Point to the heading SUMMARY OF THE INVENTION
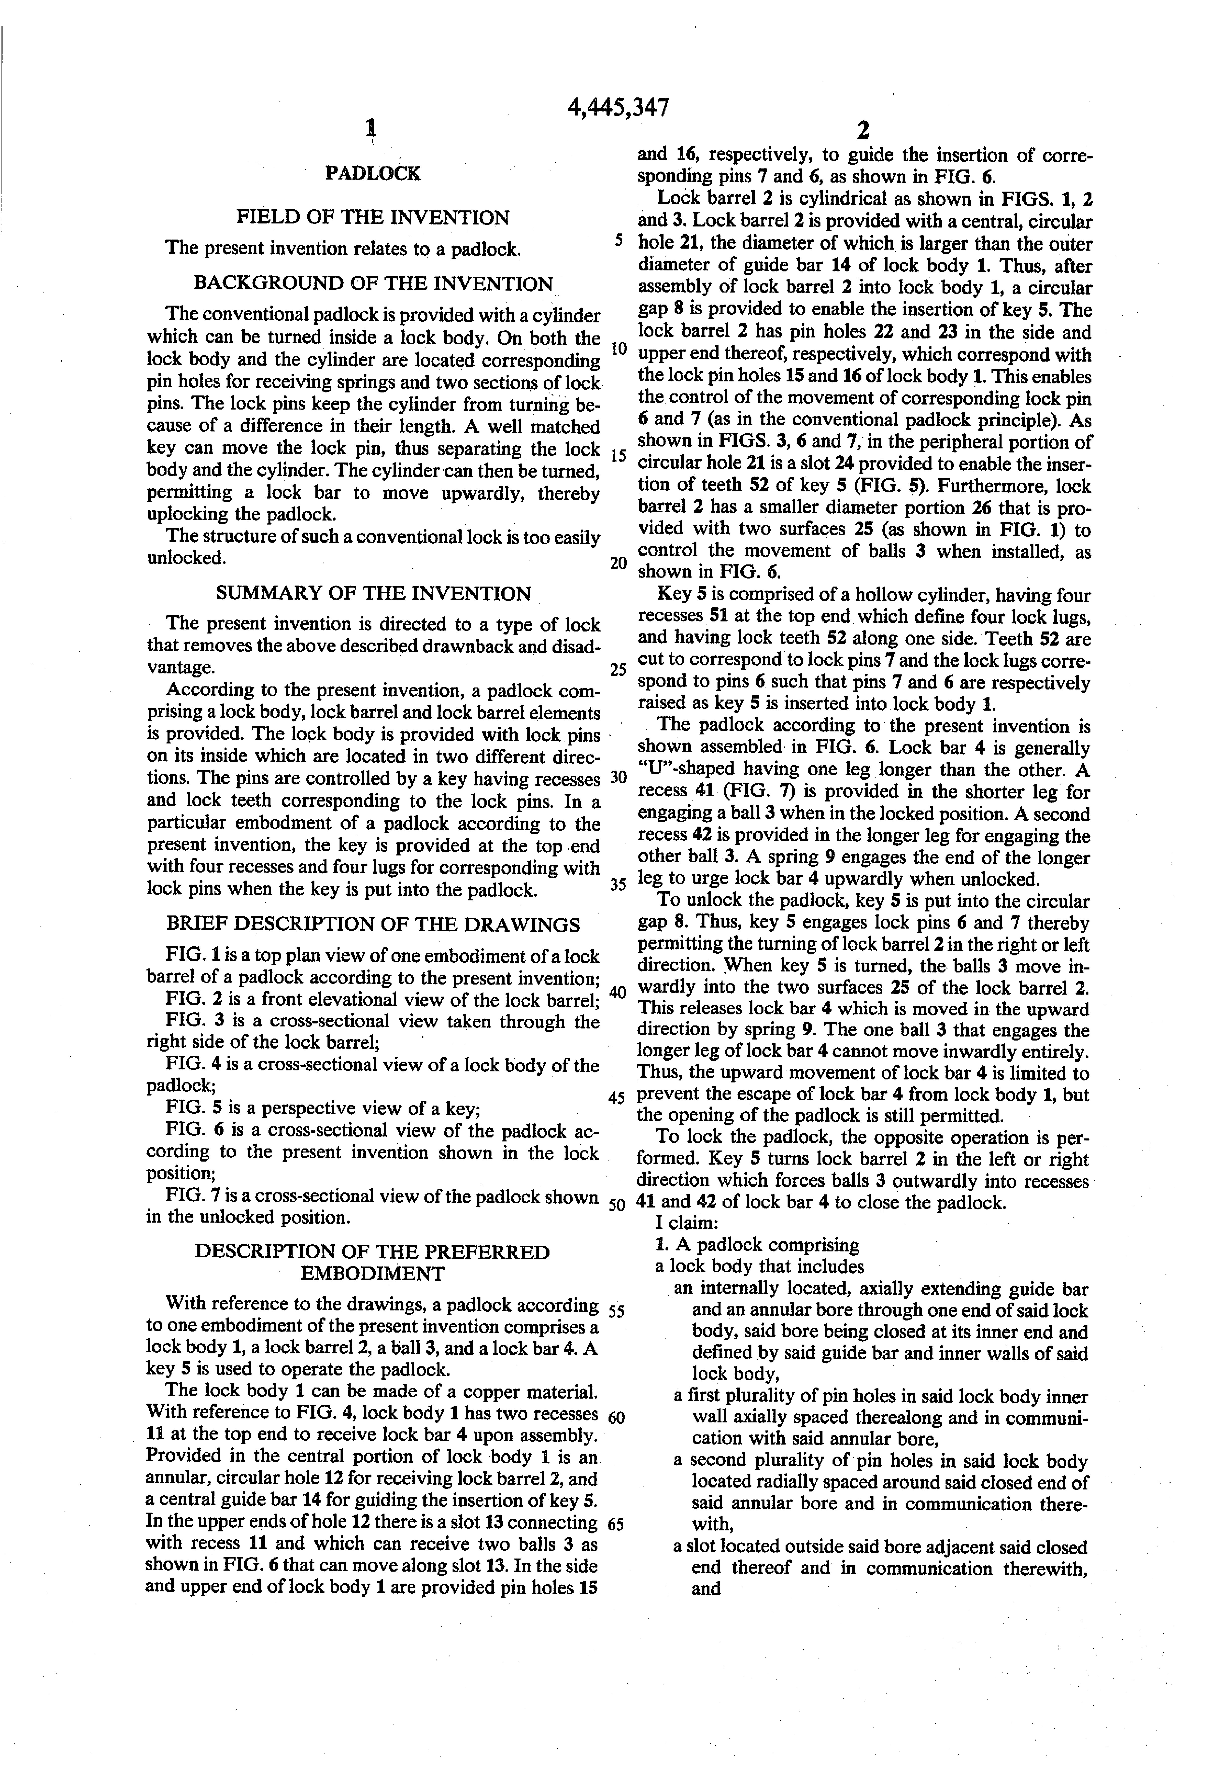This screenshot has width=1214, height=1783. (x=373, y=593)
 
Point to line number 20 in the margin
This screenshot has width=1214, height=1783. (x=619, y=562)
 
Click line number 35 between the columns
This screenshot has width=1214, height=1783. (x=619, y=884)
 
